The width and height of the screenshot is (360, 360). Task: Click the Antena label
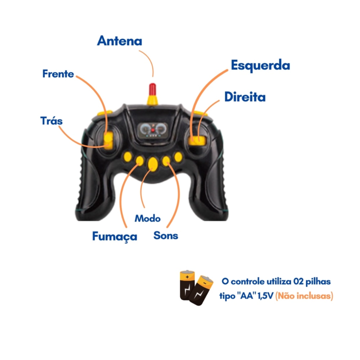point(120,41)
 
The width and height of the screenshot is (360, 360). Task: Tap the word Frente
point(58,74)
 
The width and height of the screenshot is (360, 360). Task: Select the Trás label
point(51,121)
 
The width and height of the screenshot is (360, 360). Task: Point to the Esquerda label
point(261,65)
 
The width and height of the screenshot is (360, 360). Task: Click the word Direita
point(245,97)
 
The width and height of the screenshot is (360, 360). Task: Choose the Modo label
point(147,218)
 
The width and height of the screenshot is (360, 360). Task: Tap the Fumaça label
point(115,237)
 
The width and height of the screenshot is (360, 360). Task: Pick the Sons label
point(166,236)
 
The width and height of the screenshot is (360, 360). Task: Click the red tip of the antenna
point(153,89)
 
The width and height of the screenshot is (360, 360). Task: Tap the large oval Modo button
point(153,164)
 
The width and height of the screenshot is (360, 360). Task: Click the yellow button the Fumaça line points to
point(139,161)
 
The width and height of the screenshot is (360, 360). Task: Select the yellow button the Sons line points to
point(166,161)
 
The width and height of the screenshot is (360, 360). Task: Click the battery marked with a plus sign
point(187,285)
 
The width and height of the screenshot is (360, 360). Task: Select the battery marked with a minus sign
point(201,290)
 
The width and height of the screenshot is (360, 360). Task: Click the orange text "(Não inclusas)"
point(304,296)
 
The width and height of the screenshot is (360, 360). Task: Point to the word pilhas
point(318,282)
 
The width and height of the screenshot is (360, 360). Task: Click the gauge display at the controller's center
point(153,130)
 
